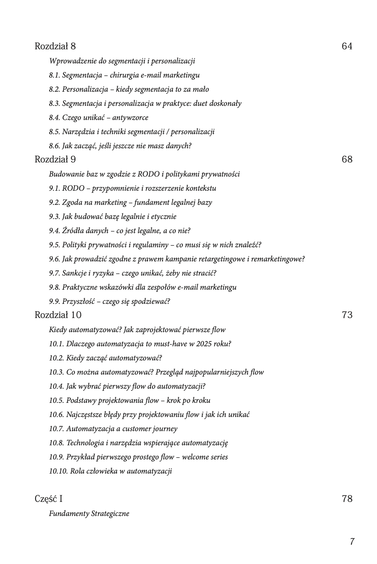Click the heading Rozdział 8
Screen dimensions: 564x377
55,46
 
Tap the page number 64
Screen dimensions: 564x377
347,46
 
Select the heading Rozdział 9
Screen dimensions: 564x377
55,159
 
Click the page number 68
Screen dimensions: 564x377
347,159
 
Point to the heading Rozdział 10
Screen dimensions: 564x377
58,315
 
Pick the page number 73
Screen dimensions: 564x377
347,315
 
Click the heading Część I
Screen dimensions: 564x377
48,499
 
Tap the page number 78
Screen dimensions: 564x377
347,499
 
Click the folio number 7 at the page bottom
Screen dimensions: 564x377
352,542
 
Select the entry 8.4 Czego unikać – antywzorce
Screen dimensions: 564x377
99,117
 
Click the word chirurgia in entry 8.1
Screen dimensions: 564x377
124,75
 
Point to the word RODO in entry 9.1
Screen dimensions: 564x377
73,188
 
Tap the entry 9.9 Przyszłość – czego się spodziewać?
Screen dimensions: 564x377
109,301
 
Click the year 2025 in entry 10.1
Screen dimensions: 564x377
205,344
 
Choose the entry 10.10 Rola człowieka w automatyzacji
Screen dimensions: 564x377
110,471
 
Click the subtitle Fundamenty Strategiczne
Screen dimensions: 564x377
89,513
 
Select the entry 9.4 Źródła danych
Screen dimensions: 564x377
120,231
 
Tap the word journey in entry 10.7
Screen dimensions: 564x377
164,429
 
